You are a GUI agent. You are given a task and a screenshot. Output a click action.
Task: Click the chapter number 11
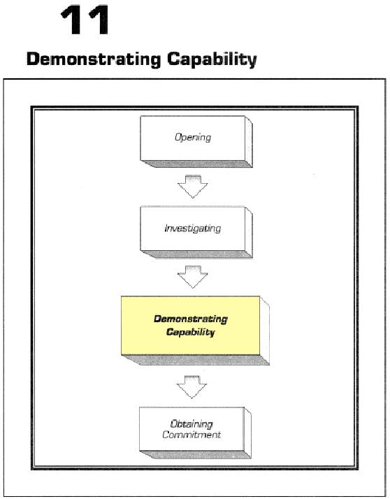coord(86,20)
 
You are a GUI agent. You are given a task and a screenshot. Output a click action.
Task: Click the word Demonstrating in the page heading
coord(94,59)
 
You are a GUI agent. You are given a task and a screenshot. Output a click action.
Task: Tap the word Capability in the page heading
coord(212,59)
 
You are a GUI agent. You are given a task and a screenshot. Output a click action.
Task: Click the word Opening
coord(193,138)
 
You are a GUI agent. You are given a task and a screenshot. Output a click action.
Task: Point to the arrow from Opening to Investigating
coord(193,187)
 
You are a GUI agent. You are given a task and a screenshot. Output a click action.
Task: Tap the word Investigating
coord(193,229)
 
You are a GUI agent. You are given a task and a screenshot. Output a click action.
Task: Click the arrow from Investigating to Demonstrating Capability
coord(193,277)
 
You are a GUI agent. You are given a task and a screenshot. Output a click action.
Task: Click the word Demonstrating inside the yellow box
coord(191,319)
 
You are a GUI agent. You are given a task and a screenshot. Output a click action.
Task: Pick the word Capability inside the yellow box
coord(190,332)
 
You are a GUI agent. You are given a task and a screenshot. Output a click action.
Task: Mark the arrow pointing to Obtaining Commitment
coord(192,387)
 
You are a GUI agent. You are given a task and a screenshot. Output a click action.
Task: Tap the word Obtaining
coord(192,424)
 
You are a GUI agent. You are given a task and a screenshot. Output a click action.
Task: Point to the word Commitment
coord(192,435)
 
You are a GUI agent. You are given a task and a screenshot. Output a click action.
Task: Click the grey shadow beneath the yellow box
coord(195,360)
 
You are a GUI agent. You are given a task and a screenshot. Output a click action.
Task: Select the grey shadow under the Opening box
coord(196,164)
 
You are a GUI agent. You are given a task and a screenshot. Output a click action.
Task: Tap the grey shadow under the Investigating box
coord(196,254)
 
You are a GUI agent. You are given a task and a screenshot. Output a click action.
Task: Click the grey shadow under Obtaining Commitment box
coord(195,455)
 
